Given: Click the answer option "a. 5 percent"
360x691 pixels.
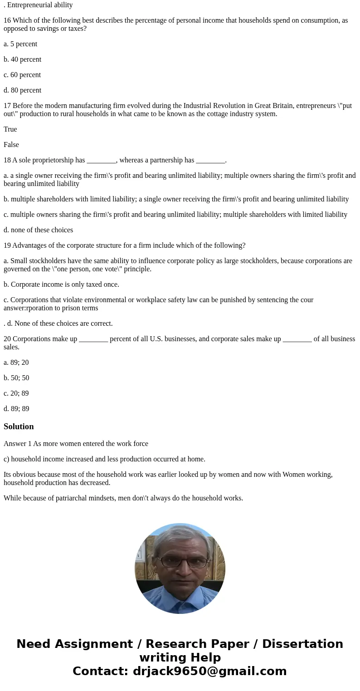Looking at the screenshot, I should (x=20, y=44).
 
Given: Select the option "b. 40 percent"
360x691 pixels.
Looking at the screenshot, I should (x=22, y=59).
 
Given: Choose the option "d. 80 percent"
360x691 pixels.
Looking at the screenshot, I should (x=22, y=90).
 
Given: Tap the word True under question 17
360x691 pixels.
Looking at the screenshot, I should (x=10, y=129).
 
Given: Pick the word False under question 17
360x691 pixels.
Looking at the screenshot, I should (x=11, y=145).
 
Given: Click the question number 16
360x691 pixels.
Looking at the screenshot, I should (x=7, y=20).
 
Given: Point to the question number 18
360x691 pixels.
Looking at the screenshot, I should (x=7, y=160).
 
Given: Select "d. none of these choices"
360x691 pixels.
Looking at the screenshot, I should (x=38, y=230).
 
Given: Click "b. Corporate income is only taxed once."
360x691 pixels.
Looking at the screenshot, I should (x=61, y=284).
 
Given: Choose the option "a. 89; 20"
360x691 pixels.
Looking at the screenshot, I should (x=16, y=363).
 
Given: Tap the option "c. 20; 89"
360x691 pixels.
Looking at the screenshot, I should (x=16, y=393).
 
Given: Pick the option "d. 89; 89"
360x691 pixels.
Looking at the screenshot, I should (x=16, y=409).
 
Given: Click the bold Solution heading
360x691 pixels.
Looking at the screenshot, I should (x=19, y=426).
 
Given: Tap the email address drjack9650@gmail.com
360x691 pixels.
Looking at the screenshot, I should (x=209, y=671).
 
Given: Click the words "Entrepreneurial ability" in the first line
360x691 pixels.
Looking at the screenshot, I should (x=40, y=5).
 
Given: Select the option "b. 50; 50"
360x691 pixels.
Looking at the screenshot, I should (x=16, y=378).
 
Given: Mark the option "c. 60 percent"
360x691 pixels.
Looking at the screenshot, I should (x=22, y=75).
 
